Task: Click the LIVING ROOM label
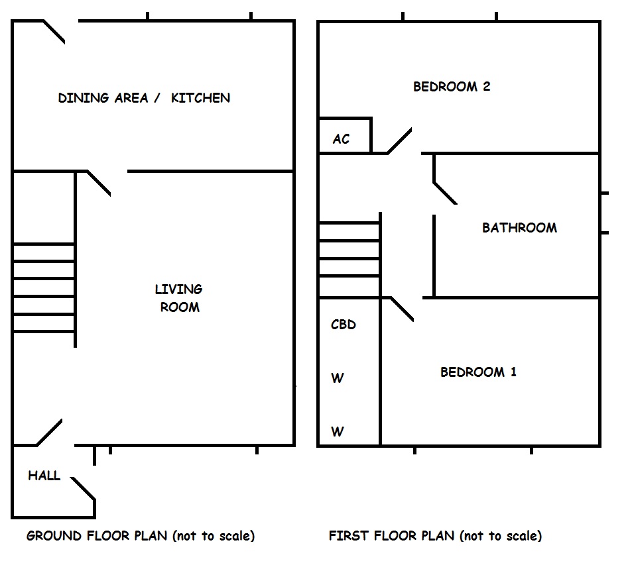click(179, 298)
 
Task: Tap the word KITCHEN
click(200, 98)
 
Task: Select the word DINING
click(83, 98)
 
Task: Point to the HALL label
click(44, 476)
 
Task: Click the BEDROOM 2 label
click(452, 86)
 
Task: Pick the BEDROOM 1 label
click(478, 372)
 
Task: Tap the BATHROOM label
click(519, 228)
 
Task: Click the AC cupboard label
click(341, 139)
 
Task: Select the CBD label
click(343, 324)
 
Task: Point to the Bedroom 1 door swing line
click(402, 309)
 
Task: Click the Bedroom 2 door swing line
click(400, 141)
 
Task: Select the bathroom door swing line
click(445, 193)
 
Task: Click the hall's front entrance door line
click(83, 488)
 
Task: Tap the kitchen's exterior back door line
click(54, 31)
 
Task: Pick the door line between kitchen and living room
click(99, 183)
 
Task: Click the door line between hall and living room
click(50, 433)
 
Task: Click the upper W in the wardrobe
click(338, 378)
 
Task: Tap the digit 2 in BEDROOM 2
click(487, 86)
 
